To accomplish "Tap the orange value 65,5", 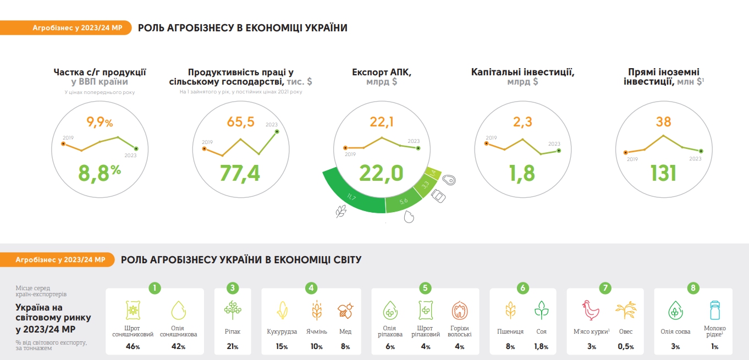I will (x=240, y=121).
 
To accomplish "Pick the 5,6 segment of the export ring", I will (x=403, y=201).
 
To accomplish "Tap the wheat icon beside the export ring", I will (x=341, y=211).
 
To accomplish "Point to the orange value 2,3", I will (x=522, y=121).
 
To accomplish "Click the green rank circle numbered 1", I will (x=155, y=287).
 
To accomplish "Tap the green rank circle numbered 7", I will (x=605, y=287).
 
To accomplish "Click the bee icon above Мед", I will (x=345, y=311).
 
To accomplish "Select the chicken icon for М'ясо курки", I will (x=591, y=311).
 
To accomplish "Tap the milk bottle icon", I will (x=714, y=311).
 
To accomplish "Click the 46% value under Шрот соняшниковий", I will (x=133, y=347).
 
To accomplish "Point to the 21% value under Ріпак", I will (x=233, y=347).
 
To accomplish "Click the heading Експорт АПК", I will (x=381, y=72).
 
